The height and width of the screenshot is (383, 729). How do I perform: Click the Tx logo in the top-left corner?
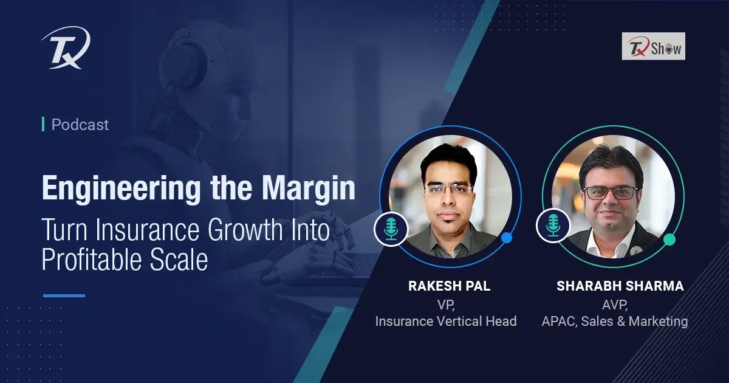tap(66, 47)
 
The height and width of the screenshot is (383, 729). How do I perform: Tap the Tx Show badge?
tap(654, 46)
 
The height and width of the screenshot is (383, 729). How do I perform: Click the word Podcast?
tap(80, 125)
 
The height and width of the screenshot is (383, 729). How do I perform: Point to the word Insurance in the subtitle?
tap(147, 230)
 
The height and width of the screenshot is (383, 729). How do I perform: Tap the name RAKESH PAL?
tap(449, 286)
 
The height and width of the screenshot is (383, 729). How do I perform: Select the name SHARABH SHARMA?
tap(620, 286)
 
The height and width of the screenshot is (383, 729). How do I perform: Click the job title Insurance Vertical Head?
tap(446, 321)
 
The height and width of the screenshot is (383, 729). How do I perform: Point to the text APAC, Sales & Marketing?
tap(615, 321)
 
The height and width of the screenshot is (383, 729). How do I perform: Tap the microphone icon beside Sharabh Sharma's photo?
tap(553, 226)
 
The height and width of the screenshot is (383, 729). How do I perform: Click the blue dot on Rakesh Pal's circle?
tap(507, 238)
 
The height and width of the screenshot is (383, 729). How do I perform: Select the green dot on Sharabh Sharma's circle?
tap(669, 240)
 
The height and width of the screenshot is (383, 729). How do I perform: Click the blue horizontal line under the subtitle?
tap(64, 295)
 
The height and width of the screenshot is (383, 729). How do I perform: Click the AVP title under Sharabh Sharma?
tap(615, 305)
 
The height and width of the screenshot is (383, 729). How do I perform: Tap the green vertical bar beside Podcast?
tap(43, 125)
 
